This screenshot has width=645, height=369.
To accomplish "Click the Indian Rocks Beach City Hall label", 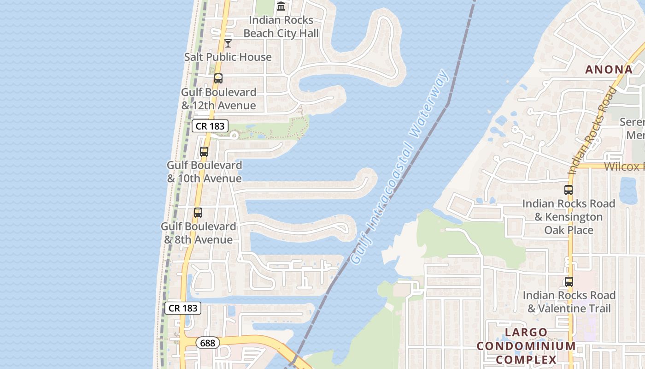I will (281, 27).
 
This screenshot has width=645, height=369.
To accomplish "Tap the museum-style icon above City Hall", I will (281, 6).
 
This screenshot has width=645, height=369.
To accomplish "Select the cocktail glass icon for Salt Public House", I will (228, 43).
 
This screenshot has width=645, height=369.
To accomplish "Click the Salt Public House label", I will (228, 57).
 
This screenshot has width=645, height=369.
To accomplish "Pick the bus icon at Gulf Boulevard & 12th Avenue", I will (218, 78).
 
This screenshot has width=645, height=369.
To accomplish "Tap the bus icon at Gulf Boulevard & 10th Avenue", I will (204, 151).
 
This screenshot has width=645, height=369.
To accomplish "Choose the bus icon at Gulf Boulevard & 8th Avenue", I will (198, 213).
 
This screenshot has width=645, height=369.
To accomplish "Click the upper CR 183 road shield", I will (210, 126).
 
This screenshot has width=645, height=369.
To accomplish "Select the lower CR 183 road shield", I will (183, 308).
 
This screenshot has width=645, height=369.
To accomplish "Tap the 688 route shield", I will (208, 343).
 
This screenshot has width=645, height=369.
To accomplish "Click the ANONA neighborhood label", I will (609, 70).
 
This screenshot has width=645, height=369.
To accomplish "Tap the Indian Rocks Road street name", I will (592, 131).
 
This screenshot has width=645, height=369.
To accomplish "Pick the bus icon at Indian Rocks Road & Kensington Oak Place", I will (569, 190).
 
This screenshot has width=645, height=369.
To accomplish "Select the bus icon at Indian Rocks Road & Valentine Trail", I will (569, 281).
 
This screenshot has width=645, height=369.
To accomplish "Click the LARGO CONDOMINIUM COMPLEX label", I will (526, 346).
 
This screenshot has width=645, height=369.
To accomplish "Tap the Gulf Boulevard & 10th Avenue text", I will (204, 172).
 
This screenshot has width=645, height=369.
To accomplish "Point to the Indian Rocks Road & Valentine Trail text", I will (569, 302).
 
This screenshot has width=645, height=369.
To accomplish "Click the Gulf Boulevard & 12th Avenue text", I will (218, 99).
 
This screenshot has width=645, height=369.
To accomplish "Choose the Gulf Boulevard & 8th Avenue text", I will (198, 233).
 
